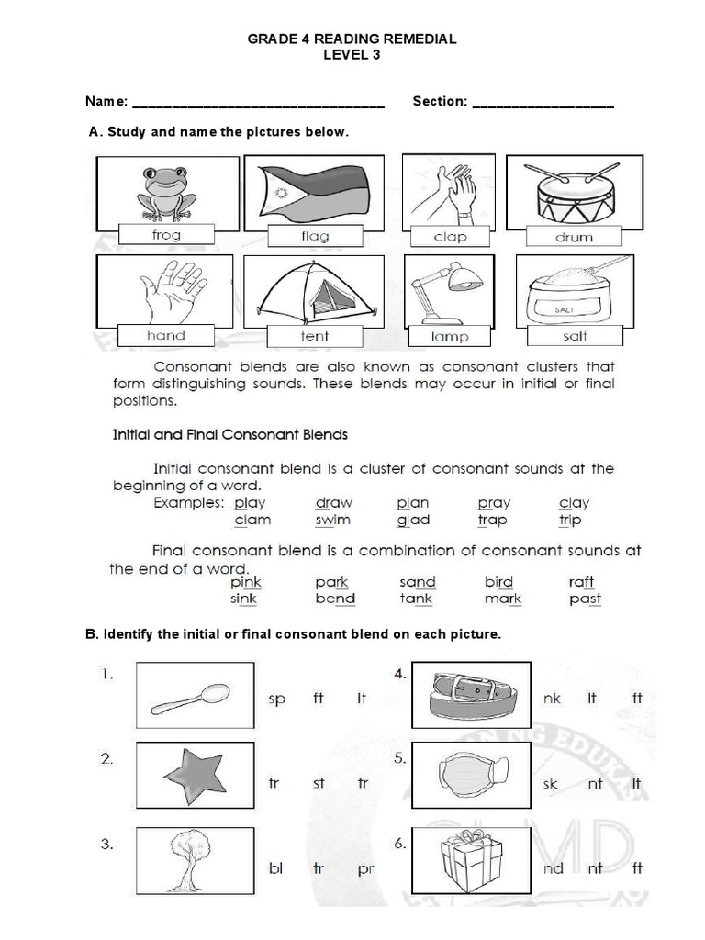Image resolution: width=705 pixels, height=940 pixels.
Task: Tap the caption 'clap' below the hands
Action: click(x=451, y=237)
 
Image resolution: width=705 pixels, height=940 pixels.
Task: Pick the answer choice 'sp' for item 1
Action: click(x=277, y=699)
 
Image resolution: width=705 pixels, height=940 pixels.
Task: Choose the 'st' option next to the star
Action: click(x=319, y=783)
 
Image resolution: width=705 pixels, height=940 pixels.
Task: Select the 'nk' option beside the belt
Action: click(x=552, y=699)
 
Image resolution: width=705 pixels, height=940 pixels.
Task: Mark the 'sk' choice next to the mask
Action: click(x=552, y=783)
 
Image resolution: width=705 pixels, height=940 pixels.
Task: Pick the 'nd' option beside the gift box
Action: click(x=554, y=867)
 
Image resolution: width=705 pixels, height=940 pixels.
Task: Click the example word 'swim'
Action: click(x=332, y=520)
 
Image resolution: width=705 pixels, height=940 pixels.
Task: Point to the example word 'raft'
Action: click(x=581, y=582)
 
